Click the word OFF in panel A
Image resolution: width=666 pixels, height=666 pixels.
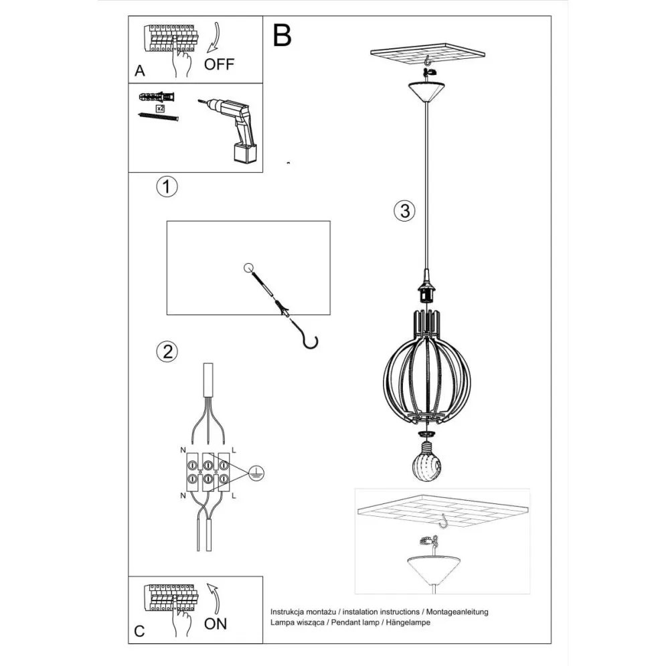(220, 64)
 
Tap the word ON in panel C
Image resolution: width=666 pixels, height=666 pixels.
(216, 624)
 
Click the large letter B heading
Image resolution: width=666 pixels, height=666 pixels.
(282, 36)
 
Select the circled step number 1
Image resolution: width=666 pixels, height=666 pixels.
(167, 187)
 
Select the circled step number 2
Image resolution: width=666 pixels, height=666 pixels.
(167, 351)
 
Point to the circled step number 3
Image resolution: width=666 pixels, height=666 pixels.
(403, 212)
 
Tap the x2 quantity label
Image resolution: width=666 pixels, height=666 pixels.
(161, 108)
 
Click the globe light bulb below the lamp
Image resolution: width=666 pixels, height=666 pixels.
(426, 463)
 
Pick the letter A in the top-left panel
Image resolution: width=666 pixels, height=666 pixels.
(139, 70)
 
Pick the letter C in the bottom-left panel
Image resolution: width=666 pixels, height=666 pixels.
(139, 630)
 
